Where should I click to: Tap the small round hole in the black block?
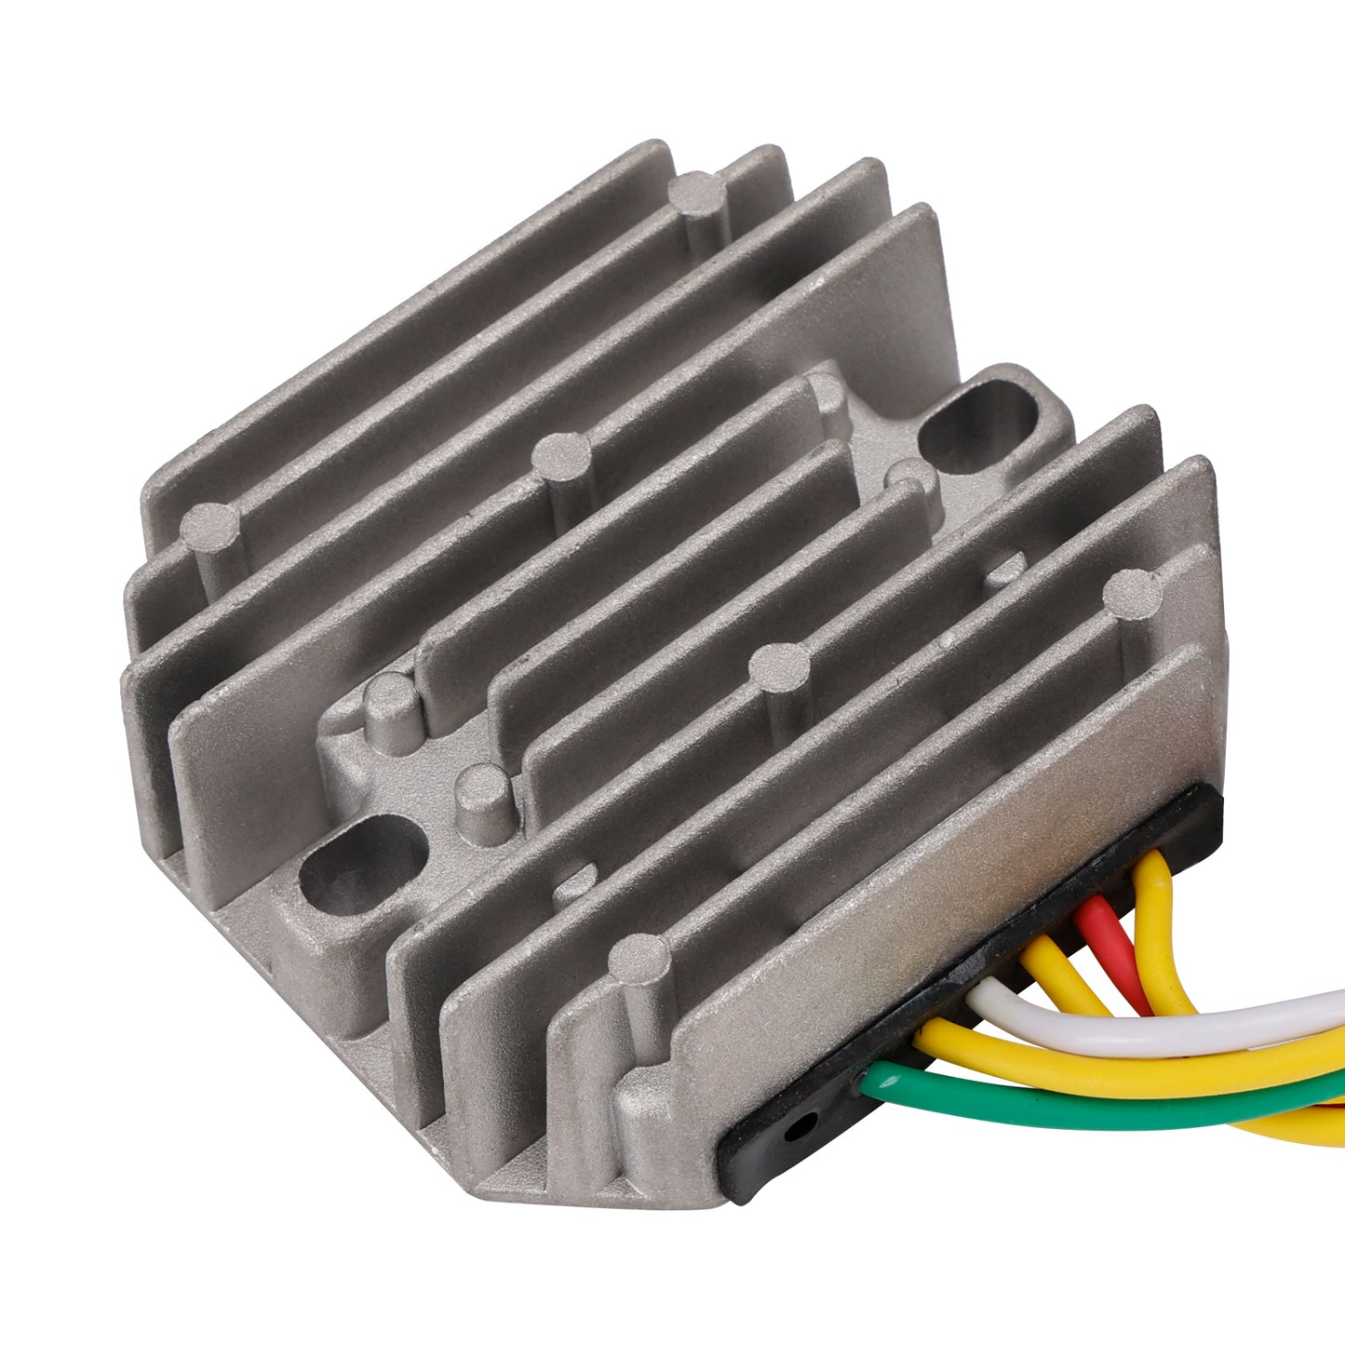point(793,1132)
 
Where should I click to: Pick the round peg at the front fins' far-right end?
point(1131,592)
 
